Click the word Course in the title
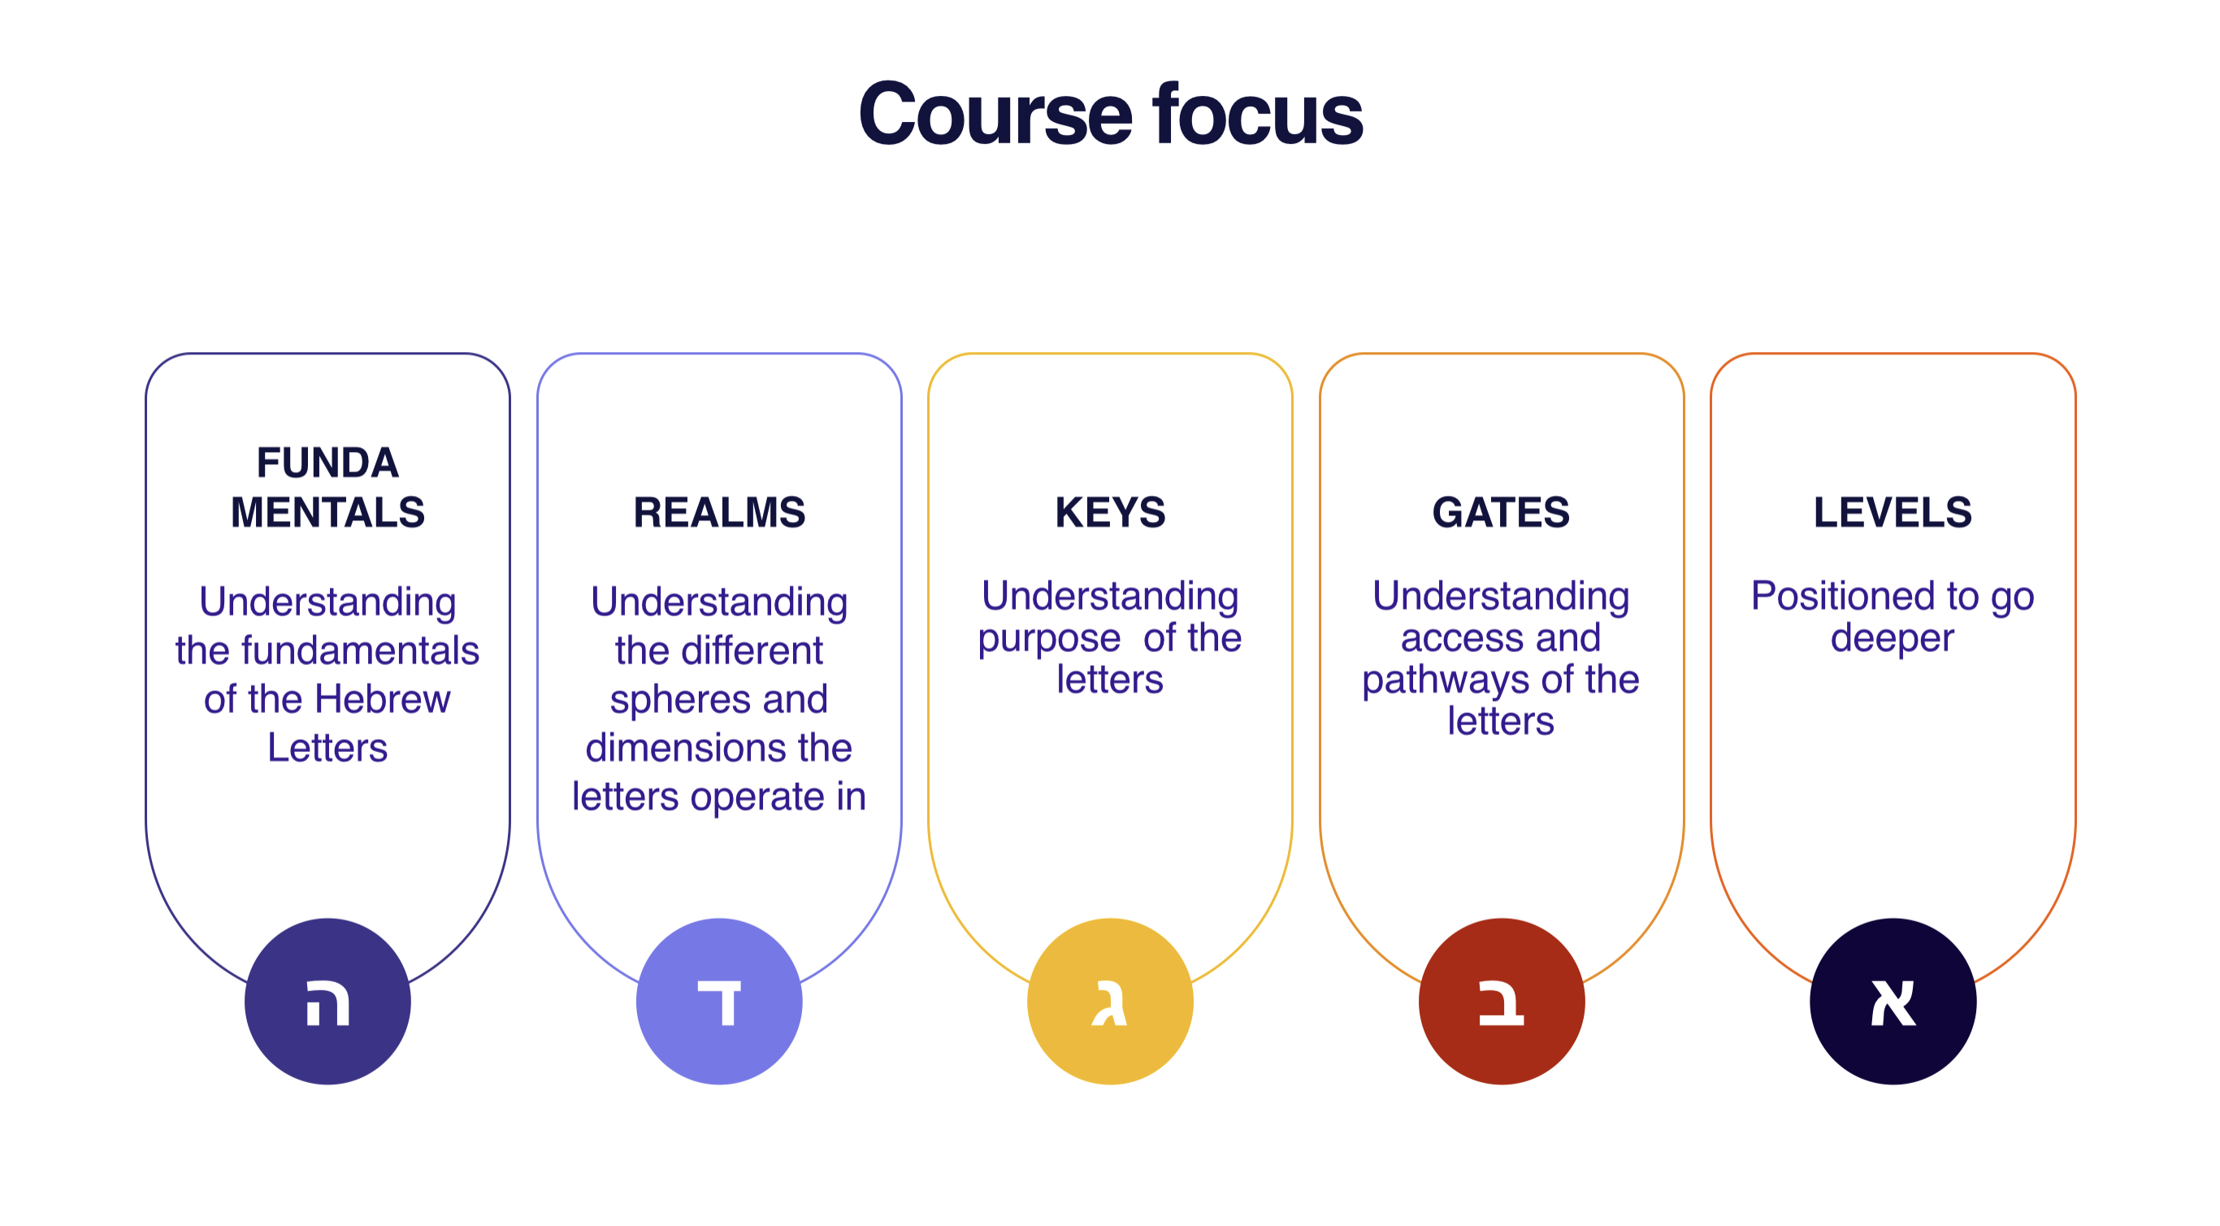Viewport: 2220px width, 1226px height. [995, 114]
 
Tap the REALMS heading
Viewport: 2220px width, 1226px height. [719, 512]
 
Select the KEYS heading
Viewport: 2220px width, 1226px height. [1110, 512]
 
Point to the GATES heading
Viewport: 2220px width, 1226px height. [1500, 512]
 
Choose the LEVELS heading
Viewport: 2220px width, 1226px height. [1893, 512]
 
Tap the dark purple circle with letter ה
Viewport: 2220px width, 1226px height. [327, 1001]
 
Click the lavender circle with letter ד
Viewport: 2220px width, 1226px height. [719, 1001]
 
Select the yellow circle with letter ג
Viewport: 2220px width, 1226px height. [1110, 1001]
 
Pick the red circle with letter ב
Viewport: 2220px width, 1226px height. [1501, 1001]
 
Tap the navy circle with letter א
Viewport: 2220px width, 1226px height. [1893, 1001]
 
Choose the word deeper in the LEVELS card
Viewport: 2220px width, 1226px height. [1892, 639]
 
